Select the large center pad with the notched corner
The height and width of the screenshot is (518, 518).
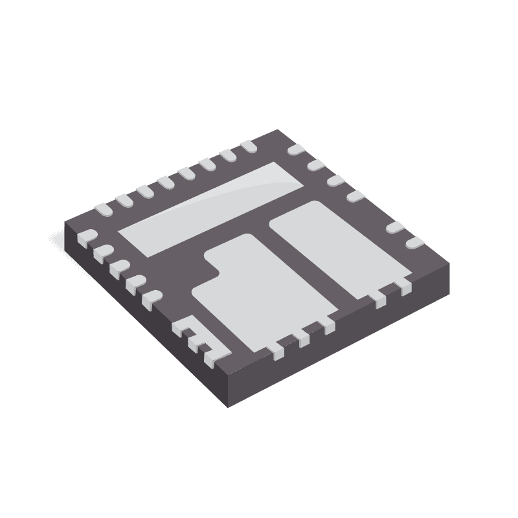pos(259,291)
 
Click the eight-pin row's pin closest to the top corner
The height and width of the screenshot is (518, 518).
pos(248,147)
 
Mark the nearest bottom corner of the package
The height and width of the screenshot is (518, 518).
pos(229,406)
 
